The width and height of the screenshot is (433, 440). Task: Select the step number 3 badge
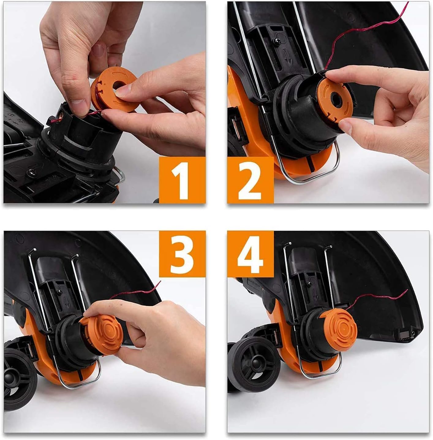tap(182, 254)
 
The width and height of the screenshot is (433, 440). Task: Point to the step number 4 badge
tap(250, 254)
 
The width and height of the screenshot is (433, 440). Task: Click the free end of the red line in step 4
tap(407, 290)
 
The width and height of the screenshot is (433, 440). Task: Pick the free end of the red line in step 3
tap(160, 282)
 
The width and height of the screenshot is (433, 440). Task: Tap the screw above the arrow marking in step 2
tap(277, 41)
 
